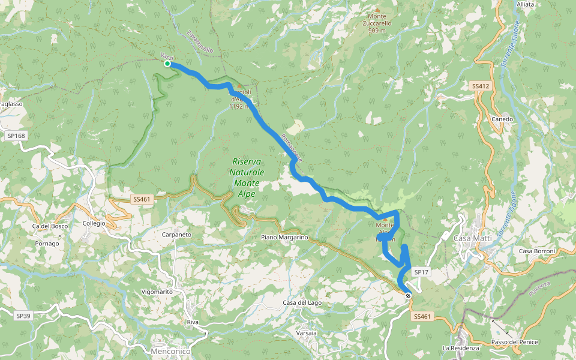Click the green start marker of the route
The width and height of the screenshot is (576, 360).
point(167,64)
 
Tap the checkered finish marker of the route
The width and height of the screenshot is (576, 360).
point(408,295)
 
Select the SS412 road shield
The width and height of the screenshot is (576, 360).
point(481,86)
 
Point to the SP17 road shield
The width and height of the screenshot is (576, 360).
point(421,272)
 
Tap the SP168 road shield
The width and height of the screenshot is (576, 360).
point(16,136)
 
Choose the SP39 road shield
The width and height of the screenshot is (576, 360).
point(23,316)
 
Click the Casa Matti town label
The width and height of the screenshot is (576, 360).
point(473,238)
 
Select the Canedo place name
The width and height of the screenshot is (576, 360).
point(502,119)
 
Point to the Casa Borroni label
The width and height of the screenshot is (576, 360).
point(538,251)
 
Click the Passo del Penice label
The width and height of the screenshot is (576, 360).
point(515,342)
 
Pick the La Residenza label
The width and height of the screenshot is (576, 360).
point(461,348)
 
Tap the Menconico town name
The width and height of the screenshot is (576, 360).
point(172,351)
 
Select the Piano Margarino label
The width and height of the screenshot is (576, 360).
point(284,238)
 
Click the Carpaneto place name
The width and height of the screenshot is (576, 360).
point(176,235)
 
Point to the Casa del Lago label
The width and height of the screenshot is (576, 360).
point(302,302)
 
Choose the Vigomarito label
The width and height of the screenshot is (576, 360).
point(157,292)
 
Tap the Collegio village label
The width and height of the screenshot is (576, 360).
point(94,223)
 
